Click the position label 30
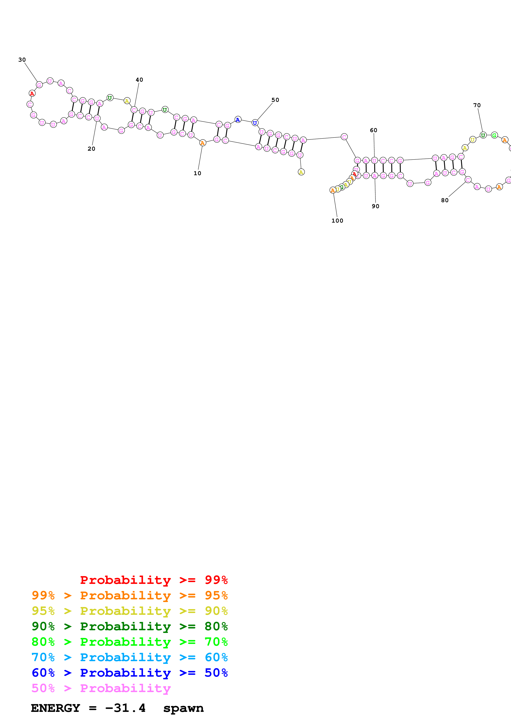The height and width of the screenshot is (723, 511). click(22, 60)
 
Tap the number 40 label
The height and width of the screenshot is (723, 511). click(139, 80)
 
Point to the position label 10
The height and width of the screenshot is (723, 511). click(197, 173)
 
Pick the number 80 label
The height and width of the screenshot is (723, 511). click(445, 200)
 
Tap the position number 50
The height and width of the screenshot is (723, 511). click(275, 100)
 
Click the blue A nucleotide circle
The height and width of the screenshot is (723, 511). click(238, 120)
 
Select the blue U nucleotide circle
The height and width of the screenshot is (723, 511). click(255, 123)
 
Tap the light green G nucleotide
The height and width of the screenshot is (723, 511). click(494, 135)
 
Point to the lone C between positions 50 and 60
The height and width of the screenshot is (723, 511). click(344, 137)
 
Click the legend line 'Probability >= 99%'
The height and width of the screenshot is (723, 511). click(154, 580)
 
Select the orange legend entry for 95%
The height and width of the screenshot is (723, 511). click(129, 595)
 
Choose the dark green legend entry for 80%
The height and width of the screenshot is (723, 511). click(129, 626)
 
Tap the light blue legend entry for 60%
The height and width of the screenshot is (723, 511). click(129, 657)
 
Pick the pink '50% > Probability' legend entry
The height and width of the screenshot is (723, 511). click(101, 688)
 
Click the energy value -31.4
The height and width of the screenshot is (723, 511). click(125, 708)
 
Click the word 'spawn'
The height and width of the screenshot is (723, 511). click(183, 708)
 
